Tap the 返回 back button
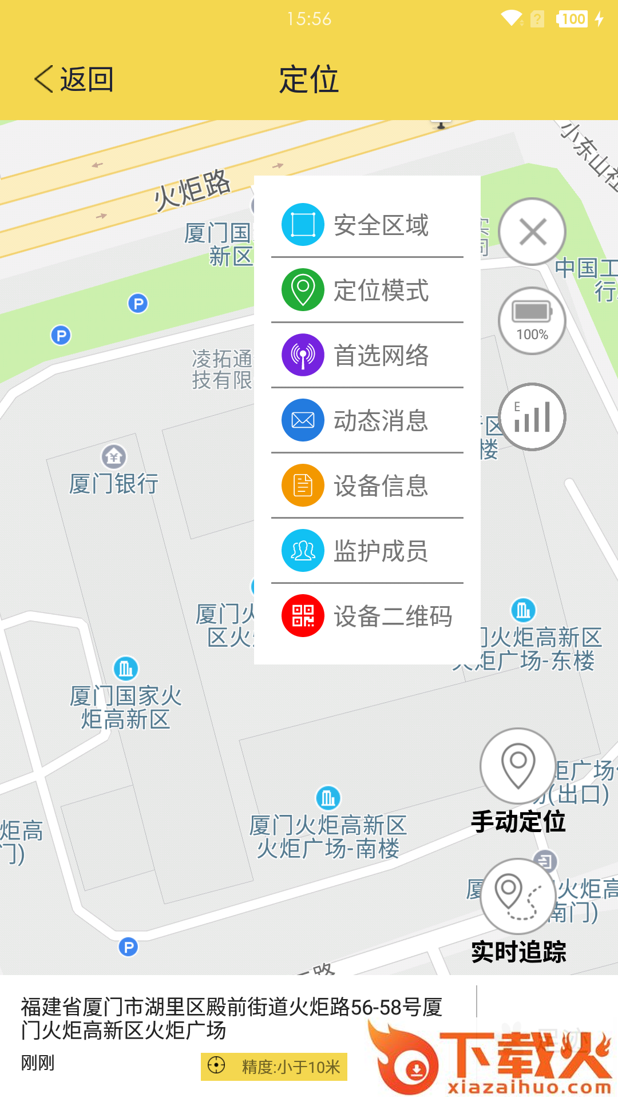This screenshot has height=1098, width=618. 74,79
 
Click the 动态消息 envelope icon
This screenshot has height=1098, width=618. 303,420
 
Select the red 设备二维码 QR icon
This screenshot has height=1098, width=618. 303,616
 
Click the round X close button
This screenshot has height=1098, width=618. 532,232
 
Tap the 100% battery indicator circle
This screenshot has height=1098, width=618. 532,321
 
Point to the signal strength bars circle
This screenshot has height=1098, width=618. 532,417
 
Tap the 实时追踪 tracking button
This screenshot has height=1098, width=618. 518,897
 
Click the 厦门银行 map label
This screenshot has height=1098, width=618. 113,484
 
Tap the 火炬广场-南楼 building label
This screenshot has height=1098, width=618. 328,837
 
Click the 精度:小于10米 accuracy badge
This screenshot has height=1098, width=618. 274,1067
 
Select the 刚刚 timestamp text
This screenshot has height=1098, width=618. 38,1063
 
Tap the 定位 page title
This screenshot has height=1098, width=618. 309,79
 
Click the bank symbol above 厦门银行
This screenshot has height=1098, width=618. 114,456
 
